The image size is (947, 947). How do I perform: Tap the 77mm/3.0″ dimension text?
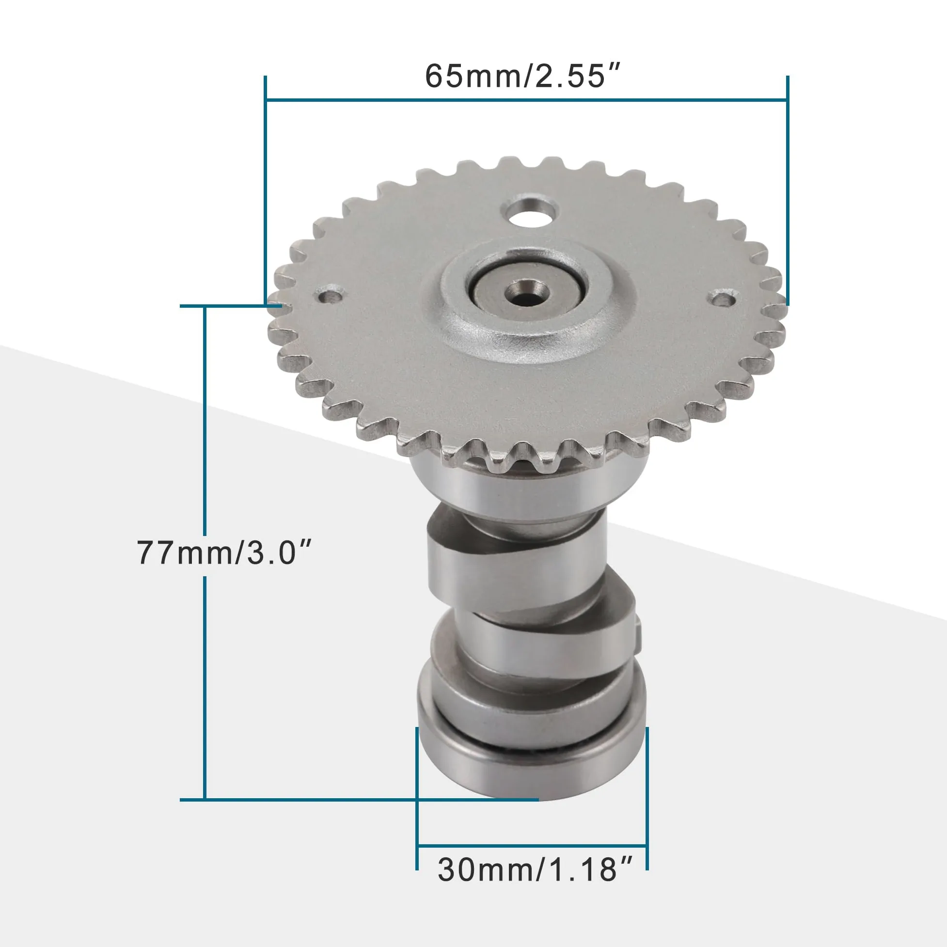(x=224, y=552)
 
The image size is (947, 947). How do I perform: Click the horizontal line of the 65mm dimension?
(x=526, y=100)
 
